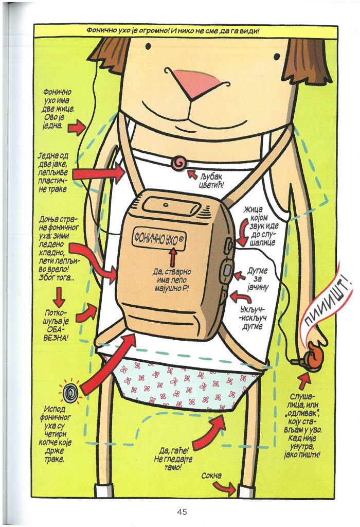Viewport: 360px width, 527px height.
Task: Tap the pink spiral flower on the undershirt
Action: pyautogui.click(x=178, y=163)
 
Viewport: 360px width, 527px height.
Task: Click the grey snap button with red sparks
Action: pyautogui.click(x=70, y=392)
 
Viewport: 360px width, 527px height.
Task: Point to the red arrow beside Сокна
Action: pyautogui.click(x=224, y=488)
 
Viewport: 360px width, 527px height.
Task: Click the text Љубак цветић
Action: pyautogui.click(x=210, y=180)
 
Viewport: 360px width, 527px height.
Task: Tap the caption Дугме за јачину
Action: pyautogui.click(x=258, y=278)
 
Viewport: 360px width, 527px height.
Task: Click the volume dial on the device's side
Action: pyautogui.click(x=227, y=269)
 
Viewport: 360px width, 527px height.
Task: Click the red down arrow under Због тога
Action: pyautogui.click(x=59, y=297)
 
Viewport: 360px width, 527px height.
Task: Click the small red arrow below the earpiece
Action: pyautogui.click(x=304, y=380)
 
